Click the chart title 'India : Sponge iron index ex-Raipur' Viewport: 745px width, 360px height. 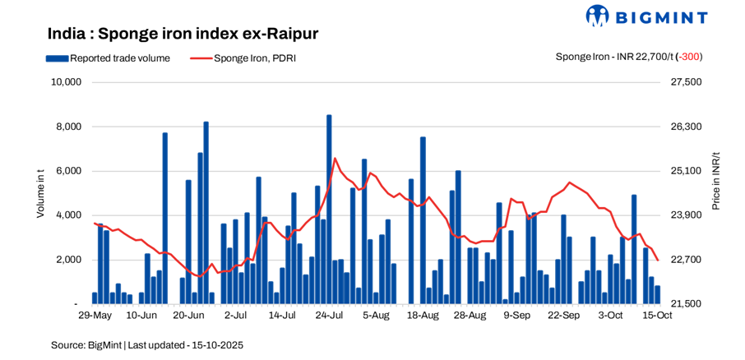tap(183, 34)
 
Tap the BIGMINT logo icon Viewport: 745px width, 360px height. tap(598, 16)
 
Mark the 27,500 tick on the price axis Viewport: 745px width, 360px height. tap(687, 82)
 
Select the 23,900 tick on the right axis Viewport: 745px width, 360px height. tap(687, 215)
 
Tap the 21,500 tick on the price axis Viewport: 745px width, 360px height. tap(687, 304)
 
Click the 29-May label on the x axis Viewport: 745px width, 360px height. tap(95, 316)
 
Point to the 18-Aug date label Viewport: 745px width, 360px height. tap(423, 316)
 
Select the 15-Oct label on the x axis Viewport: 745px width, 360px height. tap(657, 316)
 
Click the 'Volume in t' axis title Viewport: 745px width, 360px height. tap(41, 192)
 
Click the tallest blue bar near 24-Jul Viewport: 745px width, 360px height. tap(329, 205)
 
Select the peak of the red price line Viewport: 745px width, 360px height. tap(334, 158)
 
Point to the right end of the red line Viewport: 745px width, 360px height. tap(658, 260)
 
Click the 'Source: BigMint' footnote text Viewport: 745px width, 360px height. tap(86, 345)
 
